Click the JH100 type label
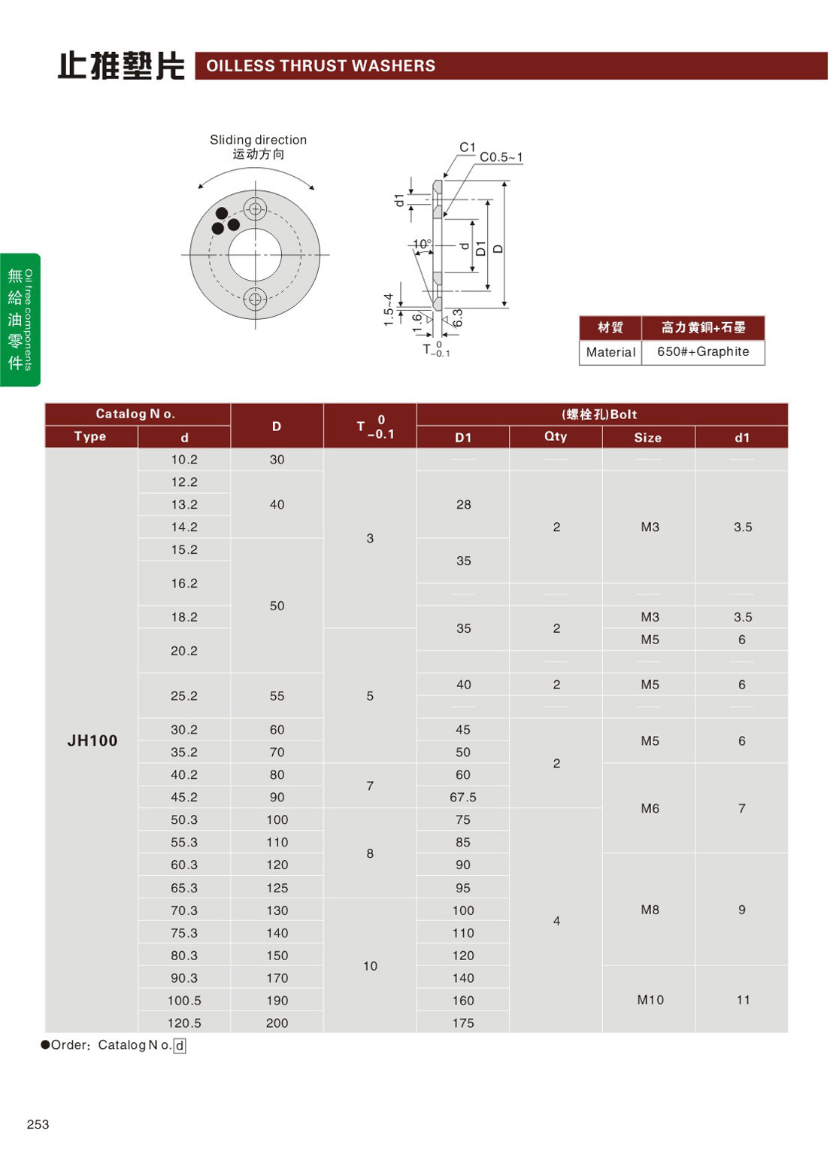point(92,740)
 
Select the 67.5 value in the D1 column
point(463,797)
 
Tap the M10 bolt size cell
point(650,999)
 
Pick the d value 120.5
point(184,1023)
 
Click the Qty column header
point(556,436)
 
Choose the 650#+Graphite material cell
point(703,351)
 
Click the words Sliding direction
point(258,140)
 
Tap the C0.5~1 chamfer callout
point(501,157)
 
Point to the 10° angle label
point(422,244)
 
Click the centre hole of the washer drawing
point(255,255)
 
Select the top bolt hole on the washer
point(255,209)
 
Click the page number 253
point(38,1124)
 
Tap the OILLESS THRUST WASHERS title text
point(321,66)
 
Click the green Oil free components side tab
point(20,320)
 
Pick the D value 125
point(277,888)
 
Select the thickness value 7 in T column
point(370,786)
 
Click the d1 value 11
point(743,999)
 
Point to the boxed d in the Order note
point(180,1045)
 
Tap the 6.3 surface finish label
point(457,318)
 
